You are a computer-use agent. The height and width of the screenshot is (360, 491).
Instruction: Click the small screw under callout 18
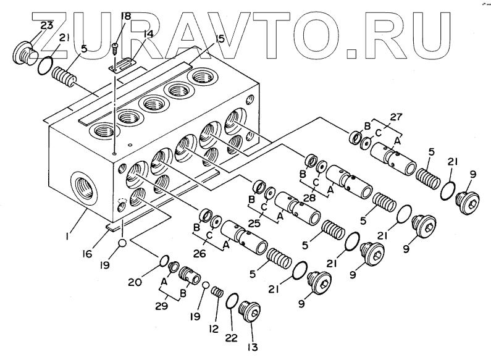pyautogui.click(x=115, y=46)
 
